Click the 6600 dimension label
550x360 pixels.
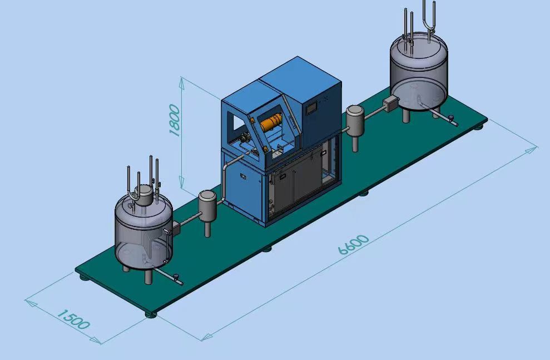tap(354, 244)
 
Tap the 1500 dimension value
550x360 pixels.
tap(73, 319)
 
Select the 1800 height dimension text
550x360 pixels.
tap(174, 120)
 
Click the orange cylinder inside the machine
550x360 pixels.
tap(271, 122)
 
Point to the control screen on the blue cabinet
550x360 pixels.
tap(311, 109)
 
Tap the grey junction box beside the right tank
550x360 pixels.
tap(391, 104)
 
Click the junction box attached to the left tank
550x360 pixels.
tap(176, 228)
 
